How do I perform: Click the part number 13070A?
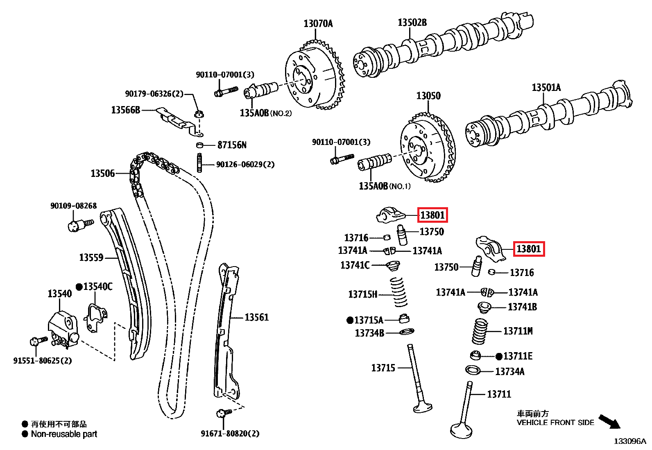(318, 24)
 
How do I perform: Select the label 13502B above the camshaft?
(412, 23)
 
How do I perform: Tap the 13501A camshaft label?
(546, 88)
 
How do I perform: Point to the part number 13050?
(428, 96)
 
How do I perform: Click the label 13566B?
(126, 110)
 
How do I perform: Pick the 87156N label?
(232, 145)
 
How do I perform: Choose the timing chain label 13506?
(103, 174)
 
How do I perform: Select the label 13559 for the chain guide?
(91, 258)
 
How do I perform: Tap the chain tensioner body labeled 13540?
(63, 326)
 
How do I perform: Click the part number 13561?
(256, 317)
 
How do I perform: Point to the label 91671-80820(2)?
(230, 433)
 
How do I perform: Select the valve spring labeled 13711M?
(480, 331)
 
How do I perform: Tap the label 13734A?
(509, 372)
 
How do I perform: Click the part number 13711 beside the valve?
(499, 394)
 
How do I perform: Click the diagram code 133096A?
(629, 441)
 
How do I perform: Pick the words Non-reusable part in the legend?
(64, 434)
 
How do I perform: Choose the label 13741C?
(355, 265)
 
